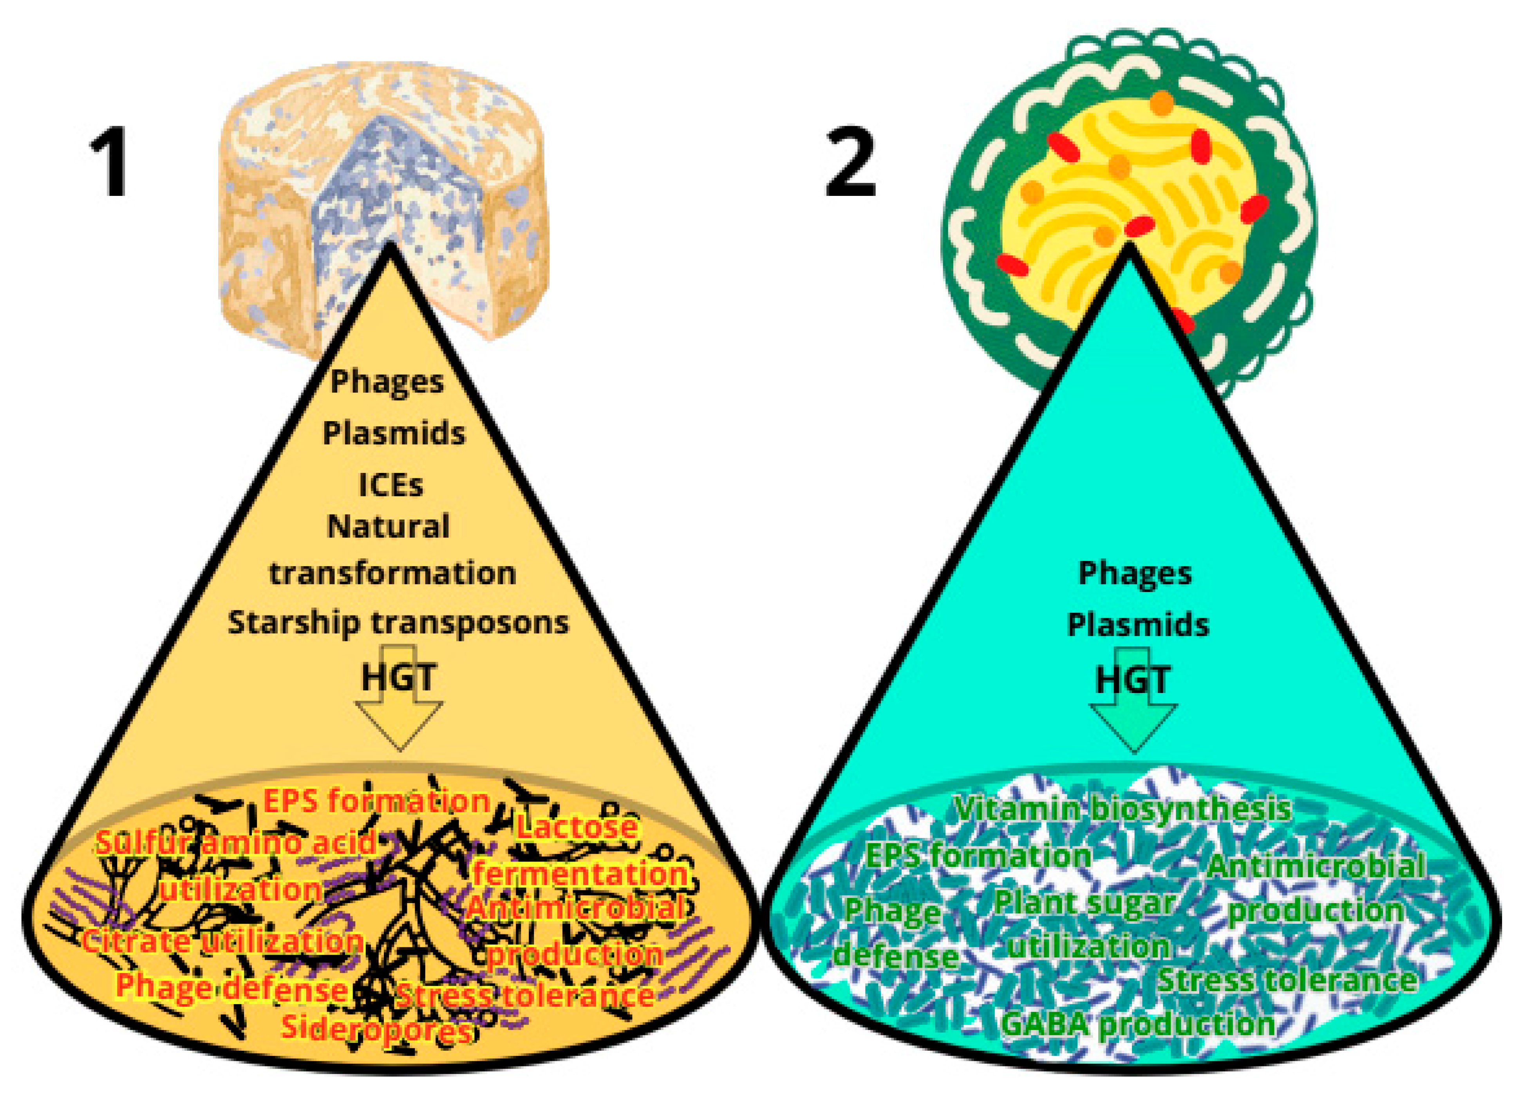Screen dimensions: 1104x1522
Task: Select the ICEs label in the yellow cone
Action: [x=391, y=485]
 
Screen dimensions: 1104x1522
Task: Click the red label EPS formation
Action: [x=376, y=801]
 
